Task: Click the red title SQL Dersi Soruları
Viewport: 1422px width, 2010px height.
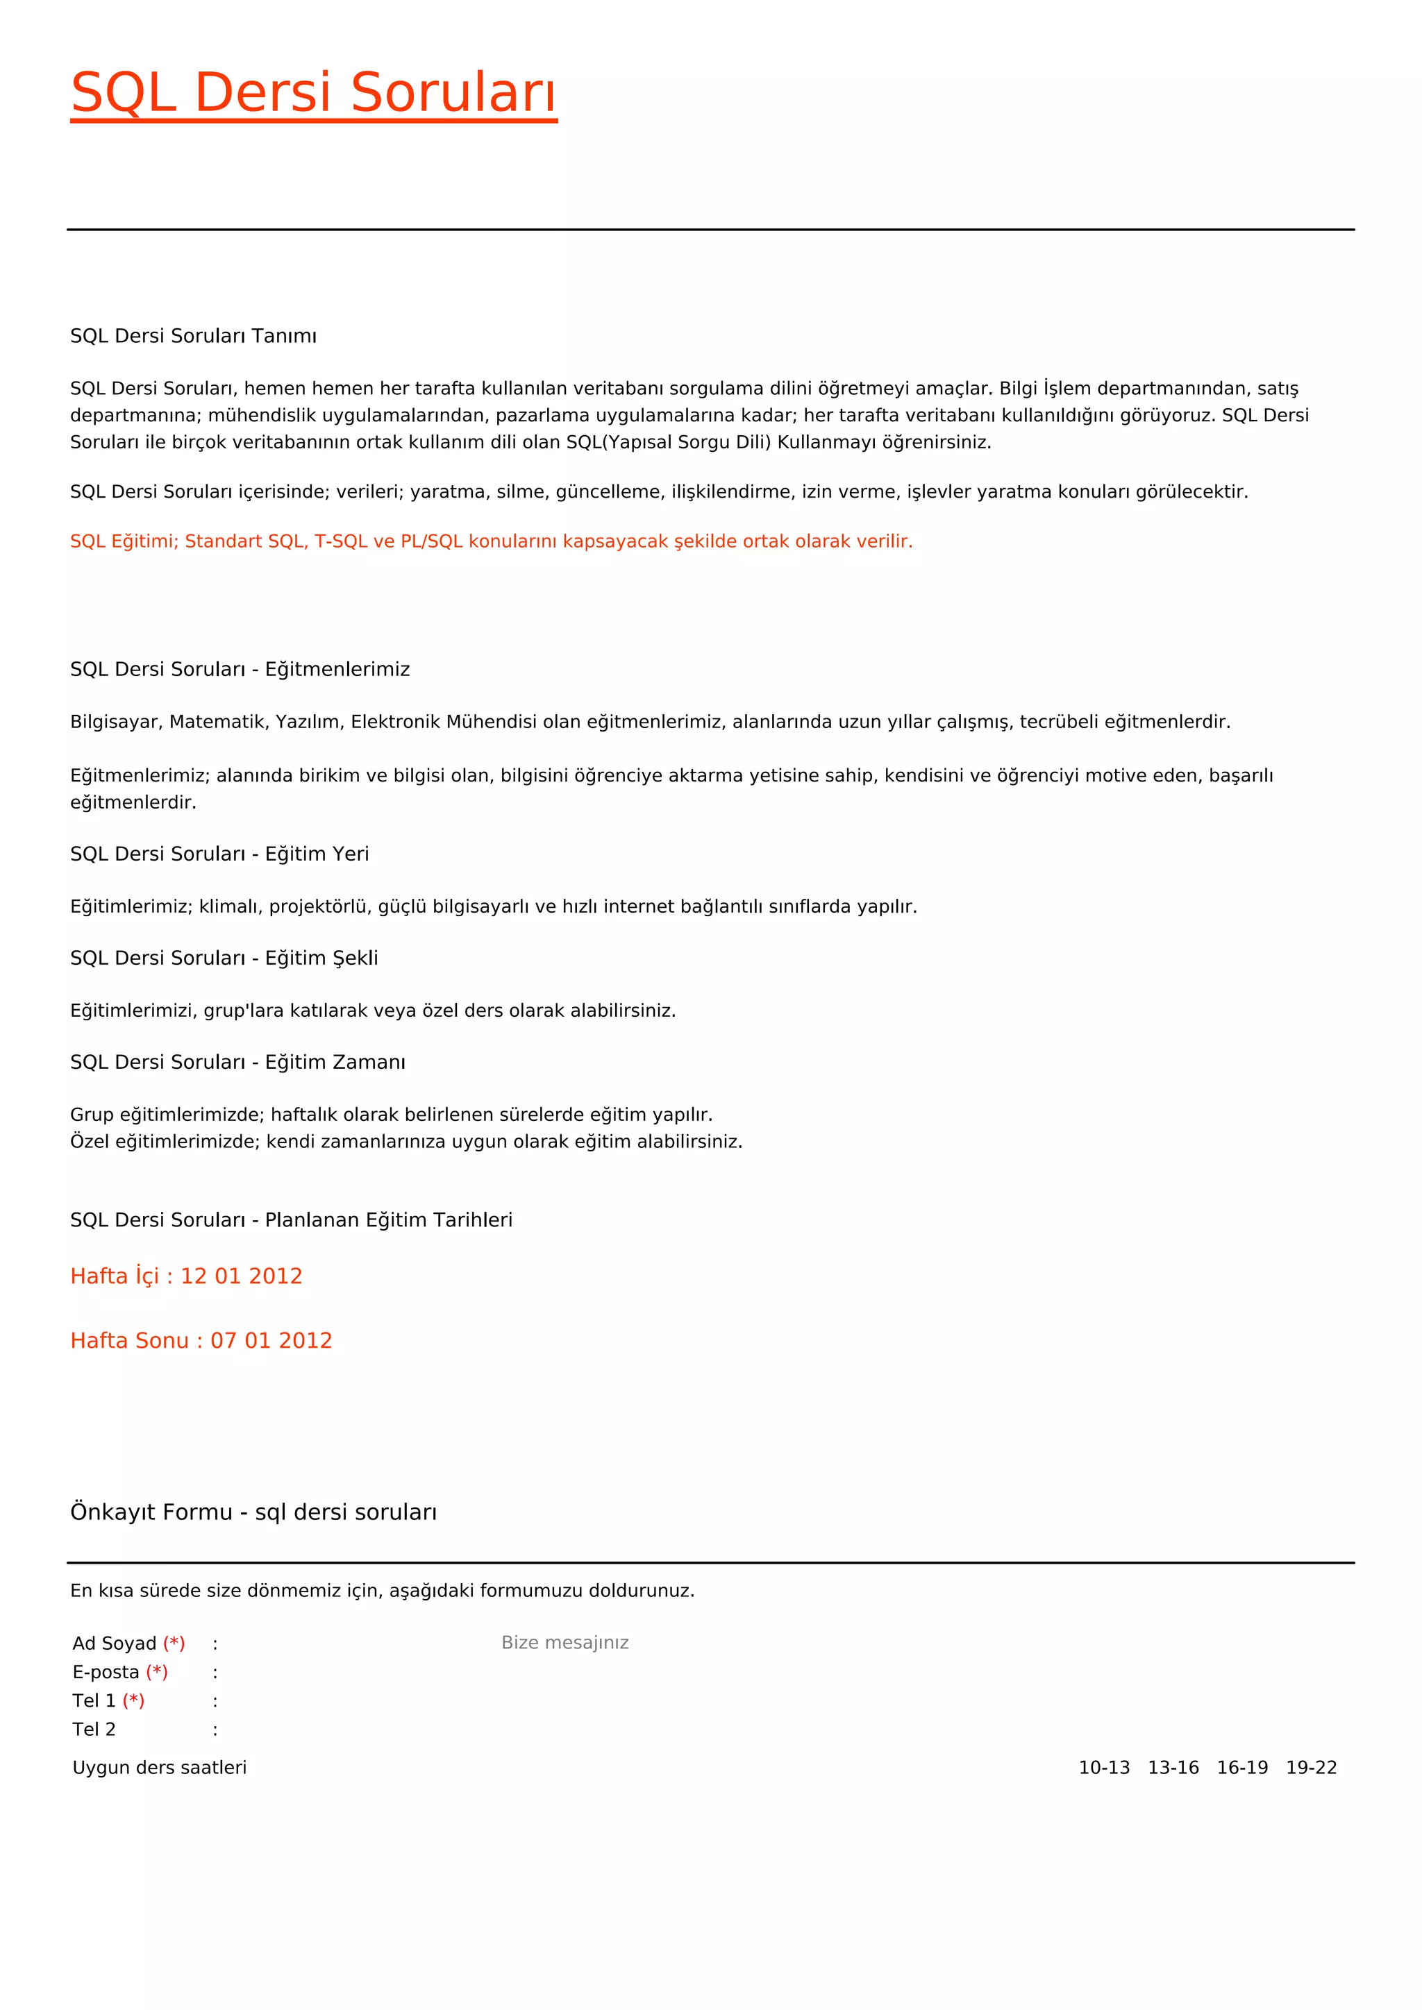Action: point(313,93)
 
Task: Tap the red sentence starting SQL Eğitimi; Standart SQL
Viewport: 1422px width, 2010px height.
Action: point(490,541)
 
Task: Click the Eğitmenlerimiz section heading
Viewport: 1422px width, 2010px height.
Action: point(240,670)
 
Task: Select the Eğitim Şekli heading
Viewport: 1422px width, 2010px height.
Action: point(224,958)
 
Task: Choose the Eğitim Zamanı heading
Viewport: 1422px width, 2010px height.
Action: point(237,1062)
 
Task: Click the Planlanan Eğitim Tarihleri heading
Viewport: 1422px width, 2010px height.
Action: point(291,1219)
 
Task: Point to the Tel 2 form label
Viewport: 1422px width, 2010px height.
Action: point(94,1729)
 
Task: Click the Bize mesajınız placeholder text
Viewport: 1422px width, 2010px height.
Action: point(564,1642)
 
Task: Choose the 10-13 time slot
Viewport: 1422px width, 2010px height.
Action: point(1103,1768)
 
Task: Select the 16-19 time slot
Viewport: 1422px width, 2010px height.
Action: point(1241,1768)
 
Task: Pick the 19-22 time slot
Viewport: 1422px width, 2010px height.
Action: point(1311,1768)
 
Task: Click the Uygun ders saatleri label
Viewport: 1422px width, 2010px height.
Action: point(160,1768)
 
